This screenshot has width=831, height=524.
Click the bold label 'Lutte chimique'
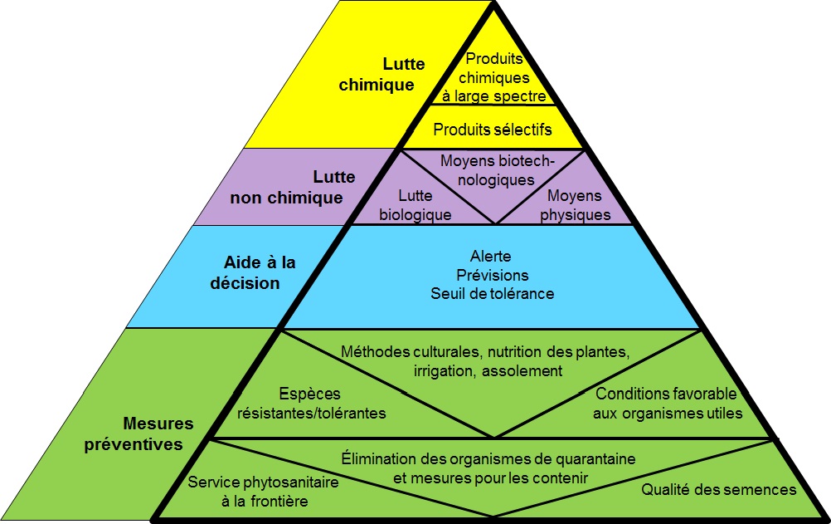(390, 73)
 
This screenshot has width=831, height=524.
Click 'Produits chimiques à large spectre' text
(496, 77)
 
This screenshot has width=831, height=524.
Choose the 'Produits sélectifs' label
(492, 130)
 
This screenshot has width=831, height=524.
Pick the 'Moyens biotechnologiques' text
(497, 169)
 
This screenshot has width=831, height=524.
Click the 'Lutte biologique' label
(415, 205)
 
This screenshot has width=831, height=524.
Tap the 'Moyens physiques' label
(575, 205)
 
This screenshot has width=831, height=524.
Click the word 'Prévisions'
(492, 275)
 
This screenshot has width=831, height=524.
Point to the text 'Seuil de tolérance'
(492, 294)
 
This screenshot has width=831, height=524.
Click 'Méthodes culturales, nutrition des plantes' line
(485, 351)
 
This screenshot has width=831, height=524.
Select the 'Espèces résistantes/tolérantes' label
(312, 403)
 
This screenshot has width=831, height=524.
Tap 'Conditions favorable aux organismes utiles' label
(668, 403)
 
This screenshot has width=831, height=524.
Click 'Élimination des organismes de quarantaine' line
(488, 458)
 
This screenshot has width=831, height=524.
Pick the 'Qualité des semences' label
(718, 489)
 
